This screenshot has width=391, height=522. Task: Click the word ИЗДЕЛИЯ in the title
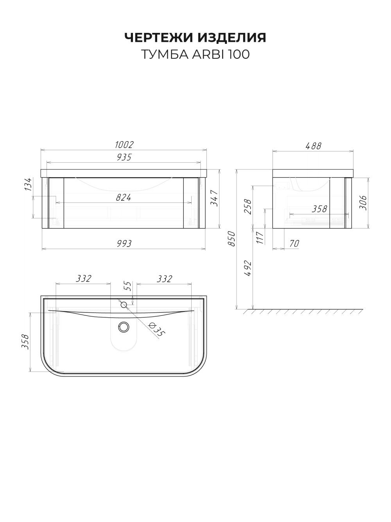pyautogui.click(x=232, y=38)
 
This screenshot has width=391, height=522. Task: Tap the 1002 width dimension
pyautogui.click(x=124, y=145)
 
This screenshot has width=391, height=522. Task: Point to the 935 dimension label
pyautogui.click(x=124, y=157)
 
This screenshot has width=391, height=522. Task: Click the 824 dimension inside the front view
pyautogui.click(x=124, y=197)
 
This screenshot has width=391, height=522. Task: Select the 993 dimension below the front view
pyautogui.click(x=124, y=243)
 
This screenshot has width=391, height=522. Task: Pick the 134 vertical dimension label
pyautogui.click(x=28, y=184)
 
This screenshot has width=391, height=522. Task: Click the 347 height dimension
pyautogui.click(x=214, y=198)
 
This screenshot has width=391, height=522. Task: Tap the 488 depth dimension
pyautogui.click(x=313, y=146)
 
